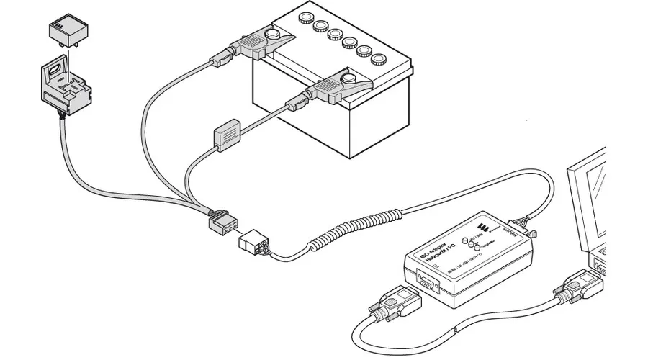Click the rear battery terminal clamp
(260, 43)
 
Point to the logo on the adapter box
(480, 230)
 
